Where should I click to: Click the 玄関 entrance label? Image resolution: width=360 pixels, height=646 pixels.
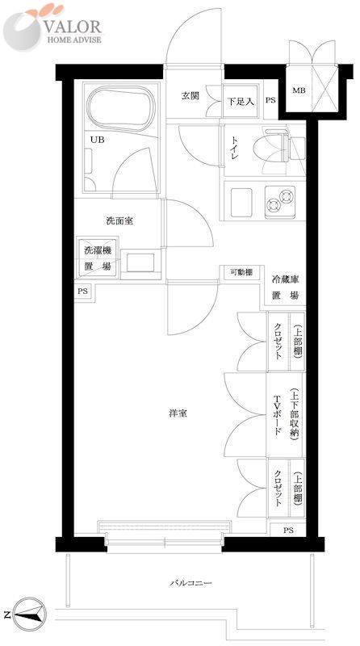(190, 96)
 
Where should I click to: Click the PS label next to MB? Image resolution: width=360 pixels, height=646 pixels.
(270, 101)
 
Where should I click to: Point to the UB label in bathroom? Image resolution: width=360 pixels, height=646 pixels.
(96, 138)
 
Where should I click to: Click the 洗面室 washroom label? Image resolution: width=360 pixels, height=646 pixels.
(119, 220)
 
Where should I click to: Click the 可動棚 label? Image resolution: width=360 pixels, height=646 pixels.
(240, 272)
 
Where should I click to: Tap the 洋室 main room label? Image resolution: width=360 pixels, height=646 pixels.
(178, 413)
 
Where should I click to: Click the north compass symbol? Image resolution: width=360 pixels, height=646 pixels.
(27, 616)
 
